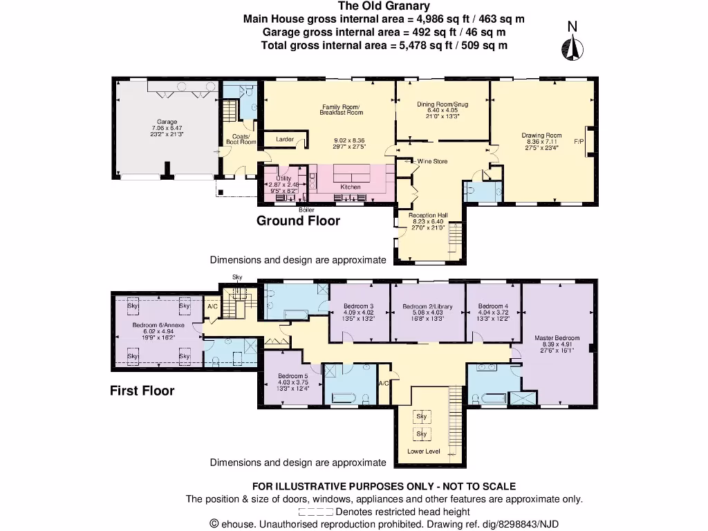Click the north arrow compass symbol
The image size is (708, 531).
(572, 46)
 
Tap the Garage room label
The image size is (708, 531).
(167, 121)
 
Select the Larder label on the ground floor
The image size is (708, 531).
(285, 140)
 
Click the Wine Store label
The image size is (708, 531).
(431, 161)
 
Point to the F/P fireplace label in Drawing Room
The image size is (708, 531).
(579, 142)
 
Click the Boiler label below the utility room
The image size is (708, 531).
(306, 209)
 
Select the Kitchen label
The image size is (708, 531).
(351, 187)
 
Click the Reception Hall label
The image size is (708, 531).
(428, 215)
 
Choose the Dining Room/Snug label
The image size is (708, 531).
(442, 104)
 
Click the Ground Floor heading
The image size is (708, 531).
(298, 221)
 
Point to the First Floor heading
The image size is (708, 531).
(142, 391)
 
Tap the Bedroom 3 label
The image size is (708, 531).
(359, 306)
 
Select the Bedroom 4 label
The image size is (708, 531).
(493, 306)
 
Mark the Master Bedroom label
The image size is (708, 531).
(557, 338)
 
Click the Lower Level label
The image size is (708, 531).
(424, 451)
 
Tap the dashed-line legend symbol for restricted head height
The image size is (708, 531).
(315, 512)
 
